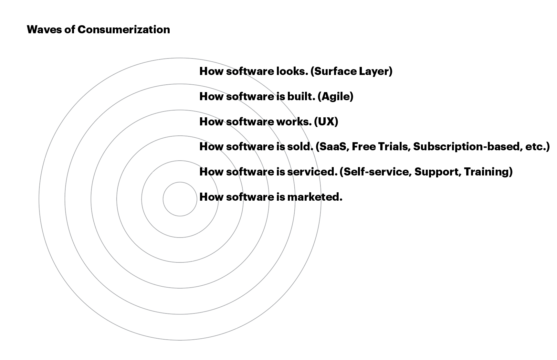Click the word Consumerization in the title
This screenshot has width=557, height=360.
[123, 30]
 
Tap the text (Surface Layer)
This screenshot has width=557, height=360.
[351, 71]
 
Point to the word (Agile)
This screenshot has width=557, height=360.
[335, 97]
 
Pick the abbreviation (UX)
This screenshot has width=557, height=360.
[326, 122]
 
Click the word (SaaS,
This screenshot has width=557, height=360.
[332, 147]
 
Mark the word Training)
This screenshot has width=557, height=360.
[488, 172]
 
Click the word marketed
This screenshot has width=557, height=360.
[315, 197]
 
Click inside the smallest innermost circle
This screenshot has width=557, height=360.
[180, 199]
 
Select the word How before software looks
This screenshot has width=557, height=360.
[211, 71]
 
